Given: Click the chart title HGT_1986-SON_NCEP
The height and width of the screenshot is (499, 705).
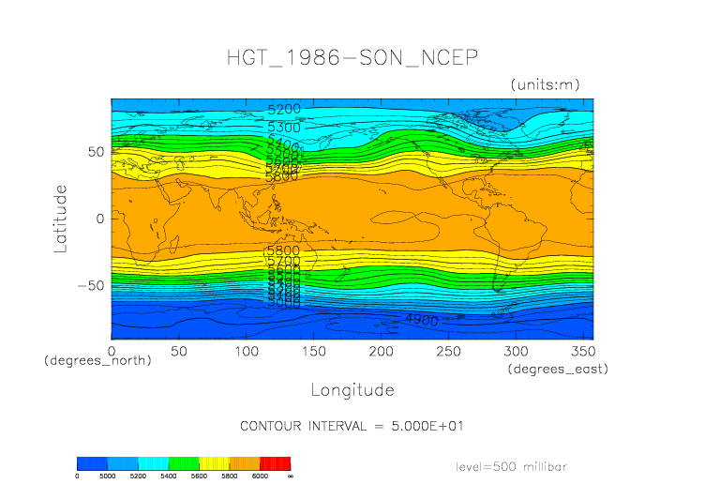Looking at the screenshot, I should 352,58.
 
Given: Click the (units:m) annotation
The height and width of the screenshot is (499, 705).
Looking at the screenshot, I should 546,85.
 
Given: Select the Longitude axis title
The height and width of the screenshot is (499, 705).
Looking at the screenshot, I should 352,389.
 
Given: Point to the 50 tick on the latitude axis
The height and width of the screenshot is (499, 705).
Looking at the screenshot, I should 95,152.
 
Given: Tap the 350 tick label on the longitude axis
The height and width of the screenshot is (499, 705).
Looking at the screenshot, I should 581,350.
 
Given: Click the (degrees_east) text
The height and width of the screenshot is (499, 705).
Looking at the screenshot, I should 559,369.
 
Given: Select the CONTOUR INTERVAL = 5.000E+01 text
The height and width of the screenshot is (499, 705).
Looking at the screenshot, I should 352,426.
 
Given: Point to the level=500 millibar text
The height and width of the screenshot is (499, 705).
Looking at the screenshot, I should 511,466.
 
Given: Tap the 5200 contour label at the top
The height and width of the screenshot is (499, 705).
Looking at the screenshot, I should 284,110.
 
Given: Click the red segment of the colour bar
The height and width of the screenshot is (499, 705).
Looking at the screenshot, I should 276,463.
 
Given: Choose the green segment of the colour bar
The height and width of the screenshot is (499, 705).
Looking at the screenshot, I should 184,463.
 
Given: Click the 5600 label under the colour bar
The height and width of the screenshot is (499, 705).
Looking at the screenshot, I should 199,476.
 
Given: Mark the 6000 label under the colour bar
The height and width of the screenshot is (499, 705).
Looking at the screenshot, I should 260,476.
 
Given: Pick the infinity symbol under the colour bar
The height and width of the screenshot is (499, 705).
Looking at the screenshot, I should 291,476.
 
